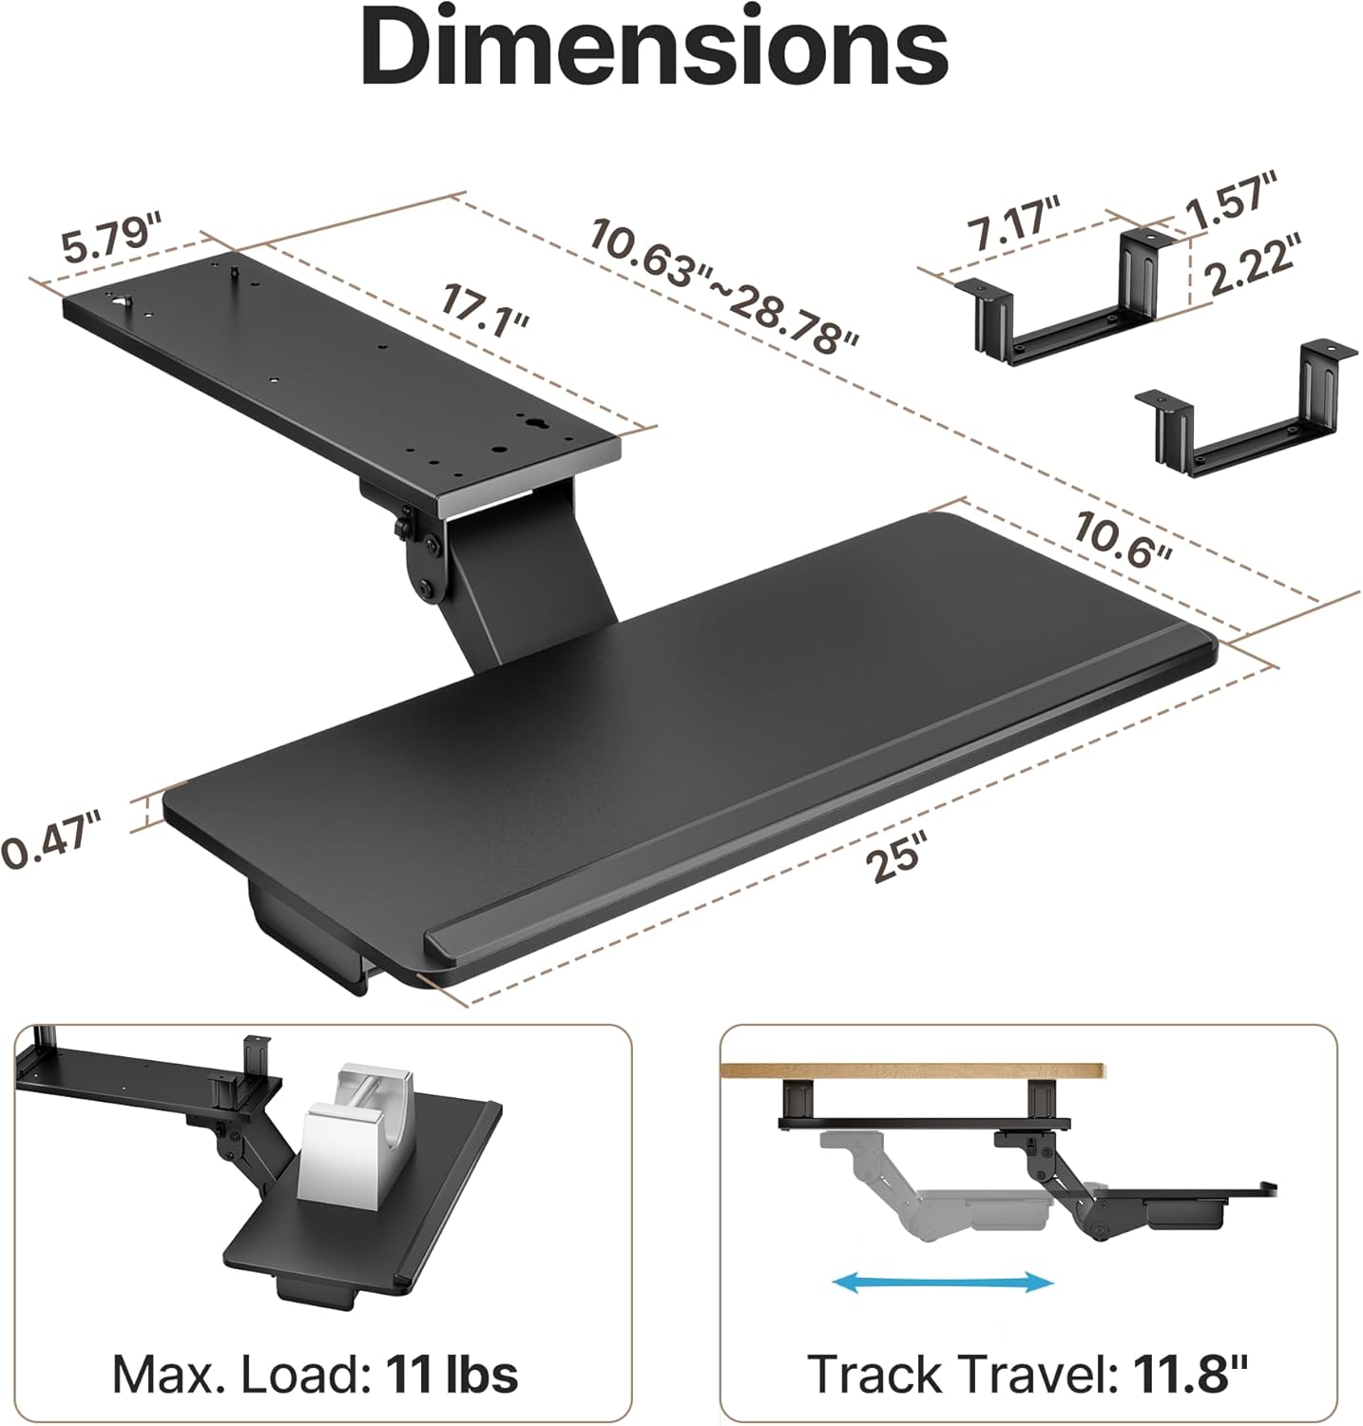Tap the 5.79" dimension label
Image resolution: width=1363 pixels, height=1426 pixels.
(112, 241)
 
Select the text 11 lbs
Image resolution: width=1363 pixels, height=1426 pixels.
(451, 1374)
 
